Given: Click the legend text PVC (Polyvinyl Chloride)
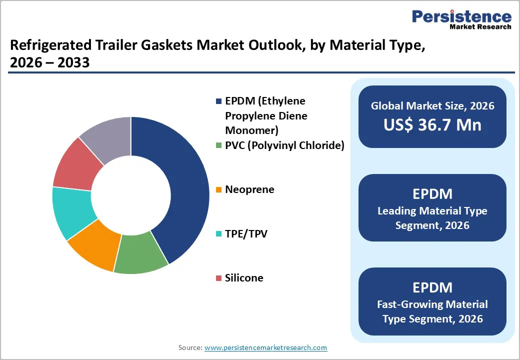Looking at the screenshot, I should click(284, 145).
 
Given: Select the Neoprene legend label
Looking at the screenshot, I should click(249, 189).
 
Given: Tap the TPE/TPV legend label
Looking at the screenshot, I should click(246, 233).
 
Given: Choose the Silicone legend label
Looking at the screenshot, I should click(244, 277).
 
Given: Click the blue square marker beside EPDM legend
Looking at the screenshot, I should click(218, 101).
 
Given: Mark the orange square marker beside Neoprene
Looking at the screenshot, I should click(218, 190).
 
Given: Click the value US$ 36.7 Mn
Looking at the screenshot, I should click(432, 124).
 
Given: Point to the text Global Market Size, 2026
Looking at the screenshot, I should click(432, 105).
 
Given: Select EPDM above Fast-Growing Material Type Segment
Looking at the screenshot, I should click(432, 287).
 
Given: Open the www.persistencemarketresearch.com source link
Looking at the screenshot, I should click(266, 347).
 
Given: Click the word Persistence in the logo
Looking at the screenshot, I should click(461, 16).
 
